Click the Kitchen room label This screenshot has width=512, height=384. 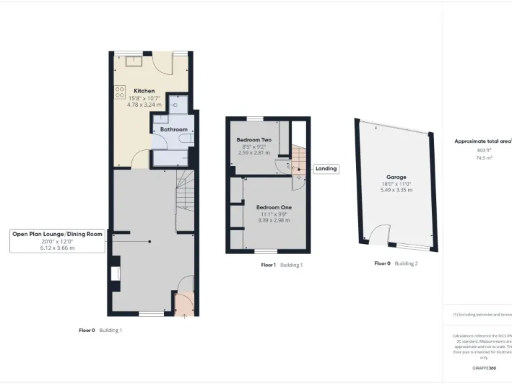(144, 91)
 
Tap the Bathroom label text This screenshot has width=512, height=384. (173, 129)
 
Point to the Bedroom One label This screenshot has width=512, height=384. (273, 207)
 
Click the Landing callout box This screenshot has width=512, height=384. (326, 169)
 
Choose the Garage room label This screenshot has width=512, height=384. (396, 177)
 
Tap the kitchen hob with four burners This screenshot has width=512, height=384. (120, 93)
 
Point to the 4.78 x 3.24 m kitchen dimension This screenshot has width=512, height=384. (144, 105)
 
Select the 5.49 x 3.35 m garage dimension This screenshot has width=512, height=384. (396, 190)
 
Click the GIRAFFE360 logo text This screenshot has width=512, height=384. (484, 368)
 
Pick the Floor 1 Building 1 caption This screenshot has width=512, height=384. (282, 265)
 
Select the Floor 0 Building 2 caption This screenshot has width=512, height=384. (396, 263)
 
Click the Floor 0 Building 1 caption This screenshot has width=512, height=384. (101, 330)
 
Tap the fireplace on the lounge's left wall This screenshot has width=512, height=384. (114, 272)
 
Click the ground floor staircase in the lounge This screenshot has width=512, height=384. (185, 200)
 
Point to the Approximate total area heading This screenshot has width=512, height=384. (482, 141)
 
